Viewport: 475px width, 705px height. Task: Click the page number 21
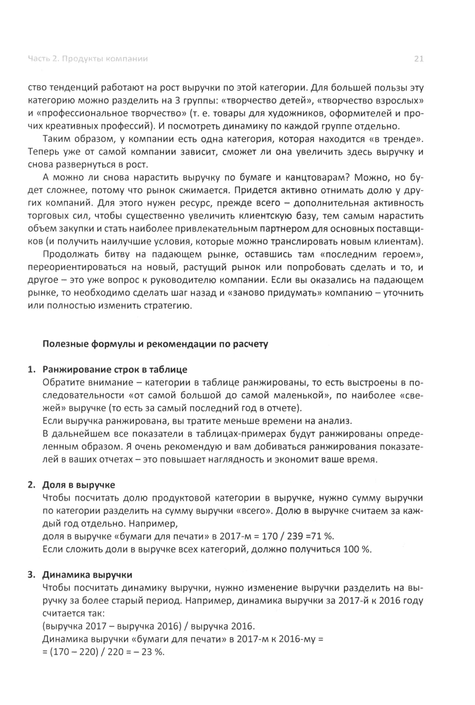click(x=418, y=59)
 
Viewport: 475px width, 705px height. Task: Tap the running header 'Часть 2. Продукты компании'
click(x=88, y=59)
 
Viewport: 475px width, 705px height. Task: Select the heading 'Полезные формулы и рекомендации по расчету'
click(x=155, y=344)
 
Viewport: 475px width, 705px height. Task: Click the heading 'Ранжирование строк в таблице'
click(x=115, y=369)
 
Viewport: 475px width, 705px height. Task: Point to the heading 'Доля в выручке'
click(x=79, y=485)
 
